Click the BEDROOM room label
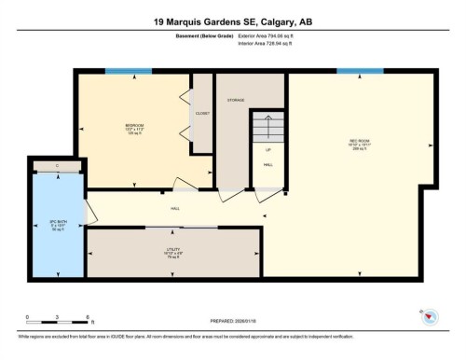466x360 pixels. pyautogui.click(x=135, y=124)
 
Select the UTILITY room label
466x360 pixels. pyautogui.click(x=173, y=249)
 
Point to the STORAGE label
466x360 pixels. pyautogui.click(x=237, y=99)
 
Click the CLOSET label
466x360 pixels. pyautogui.click(x=202, y=113)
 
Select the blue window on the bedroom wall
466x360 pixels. pyautogui.click(x=129, y=71)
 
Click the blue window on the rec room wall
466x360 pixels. pyautogui.click(x=360, y=71)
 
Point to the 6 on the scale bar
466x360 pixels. pyautogui.click(x=87, y=316)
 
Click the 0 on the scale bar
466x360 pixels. pyautogui.click(x=27, y=316)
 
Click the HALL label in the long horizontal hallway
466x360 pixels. pyautogui.click(x=174, y=209)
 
